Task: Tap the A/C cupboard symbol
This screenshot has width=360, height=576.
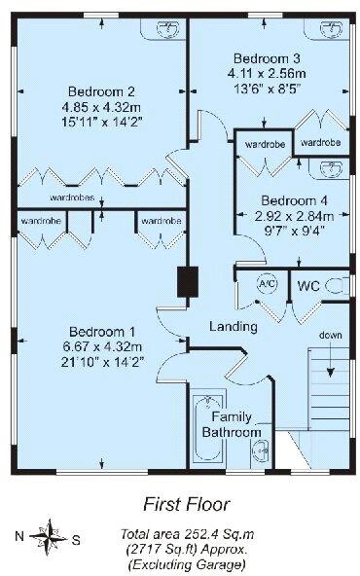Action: [267, 284]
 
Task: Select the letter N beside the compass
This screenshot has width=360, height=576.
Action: [18, 535]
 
